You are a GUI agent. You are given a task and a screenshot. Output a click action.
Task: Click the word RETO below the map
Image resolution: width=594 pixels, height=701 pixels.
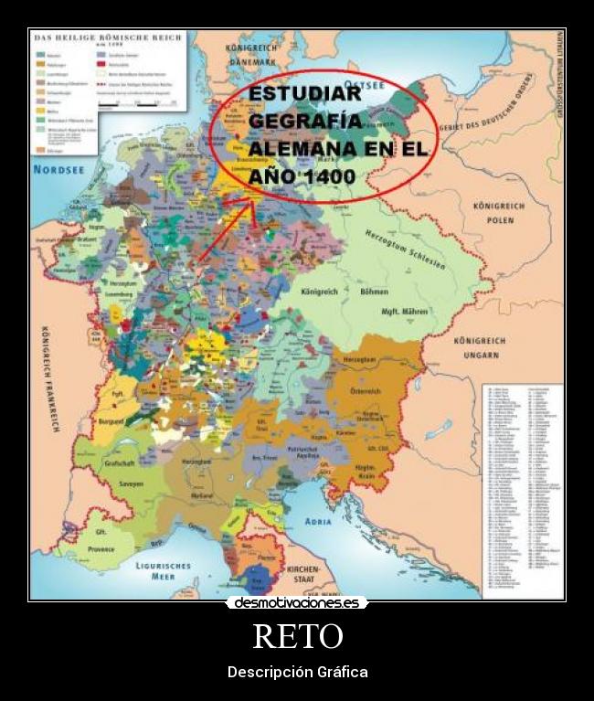pos(297,636)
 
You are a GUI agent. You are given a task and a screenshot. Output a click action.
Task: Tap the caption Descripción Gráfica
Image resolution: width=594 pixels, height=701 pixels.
pos(297,673)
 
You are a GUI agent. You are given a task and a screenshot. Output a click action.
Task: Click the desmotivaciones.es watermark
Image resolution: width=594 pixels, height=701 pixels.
pos(297,603)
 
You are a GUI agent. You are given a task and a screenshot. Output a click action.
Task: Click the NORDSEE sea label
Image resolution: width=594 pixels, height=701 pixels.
pos(59,170)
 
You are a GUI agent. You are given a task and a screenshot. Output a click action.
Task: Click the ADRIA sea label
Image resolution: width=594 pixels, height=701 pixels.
pos(317,521)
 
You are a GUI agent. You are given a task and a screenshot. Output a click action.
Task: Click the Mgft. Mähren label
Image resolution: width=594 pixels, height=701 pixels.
pos(404,313)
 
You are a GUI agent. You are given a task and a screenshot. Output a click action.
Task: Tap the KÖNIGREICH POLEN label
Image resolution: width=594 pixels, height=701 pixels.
pos(499,214)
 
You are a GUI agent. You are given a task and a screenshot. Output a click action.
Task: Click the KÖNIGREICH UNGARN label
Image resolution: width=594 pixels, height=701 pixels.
pos(481,348)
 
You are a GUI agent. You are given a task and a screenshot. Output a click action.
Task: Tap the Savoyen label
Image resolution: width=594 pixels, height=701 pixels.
pos(129,483)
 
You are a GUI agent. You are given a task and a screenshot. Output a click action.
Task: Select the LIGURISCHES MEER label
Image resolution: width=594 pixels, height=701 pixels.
pos(162,570)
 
